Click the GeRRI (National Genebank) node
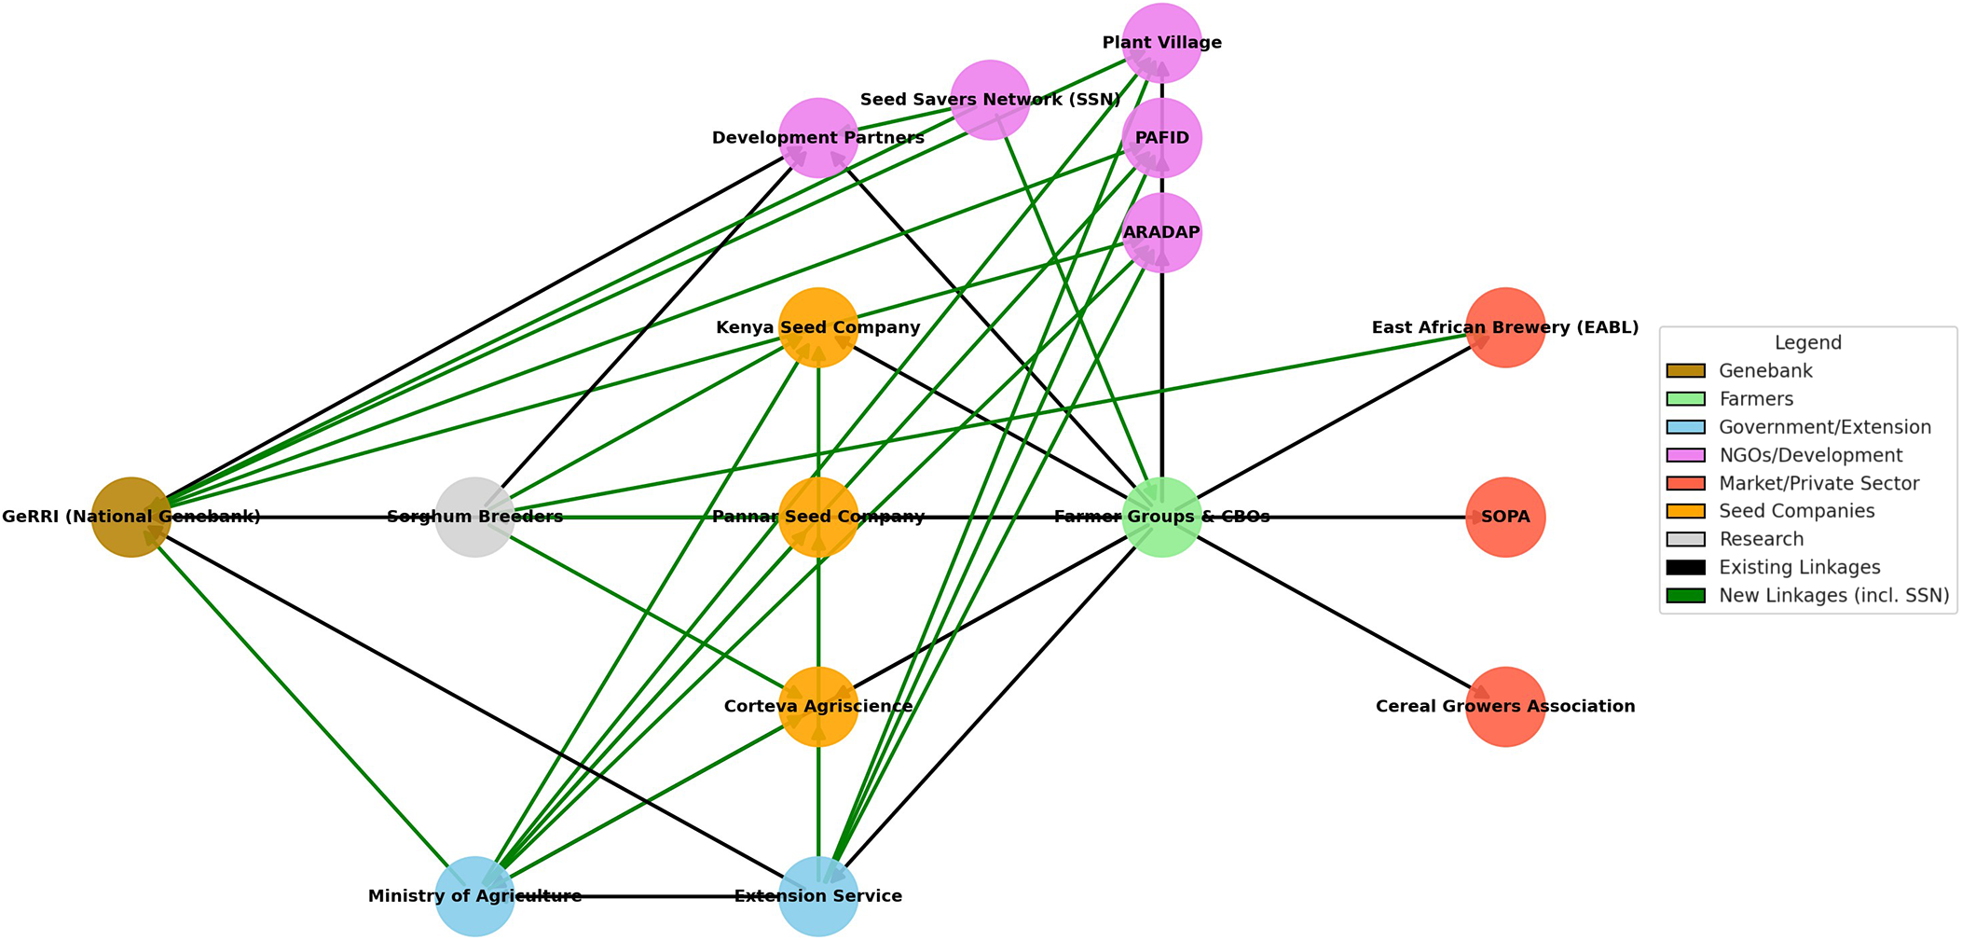point(131,518)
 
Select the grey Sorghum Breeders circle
point(475,518)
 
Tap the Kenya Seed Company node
point(818,327)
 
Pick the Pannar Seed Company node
point(818,518)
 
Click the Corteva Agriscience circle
point(818,707)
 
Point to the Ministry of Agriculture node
point(475,896)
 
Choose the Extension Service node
point(818,896)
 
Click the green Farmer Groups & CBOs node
point(1162,518)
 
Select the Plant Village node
point(1162,43)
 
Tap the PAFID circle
point(1162,138)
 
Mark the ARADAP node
point(1162,233)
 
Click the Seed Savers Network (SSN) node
point(991,100)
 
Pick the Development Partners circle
point(818,138)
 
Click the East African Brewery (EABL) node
point(1506,327)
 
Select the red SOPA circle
point(1506,518)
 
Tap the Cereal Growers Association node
point(1506,707)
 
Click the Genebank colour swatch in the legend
point(1686,371)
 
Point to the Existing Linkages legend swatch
point(1686,568)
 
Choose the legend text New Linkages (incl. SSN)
point(1834,596)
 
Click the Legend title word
point(1808,343)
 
